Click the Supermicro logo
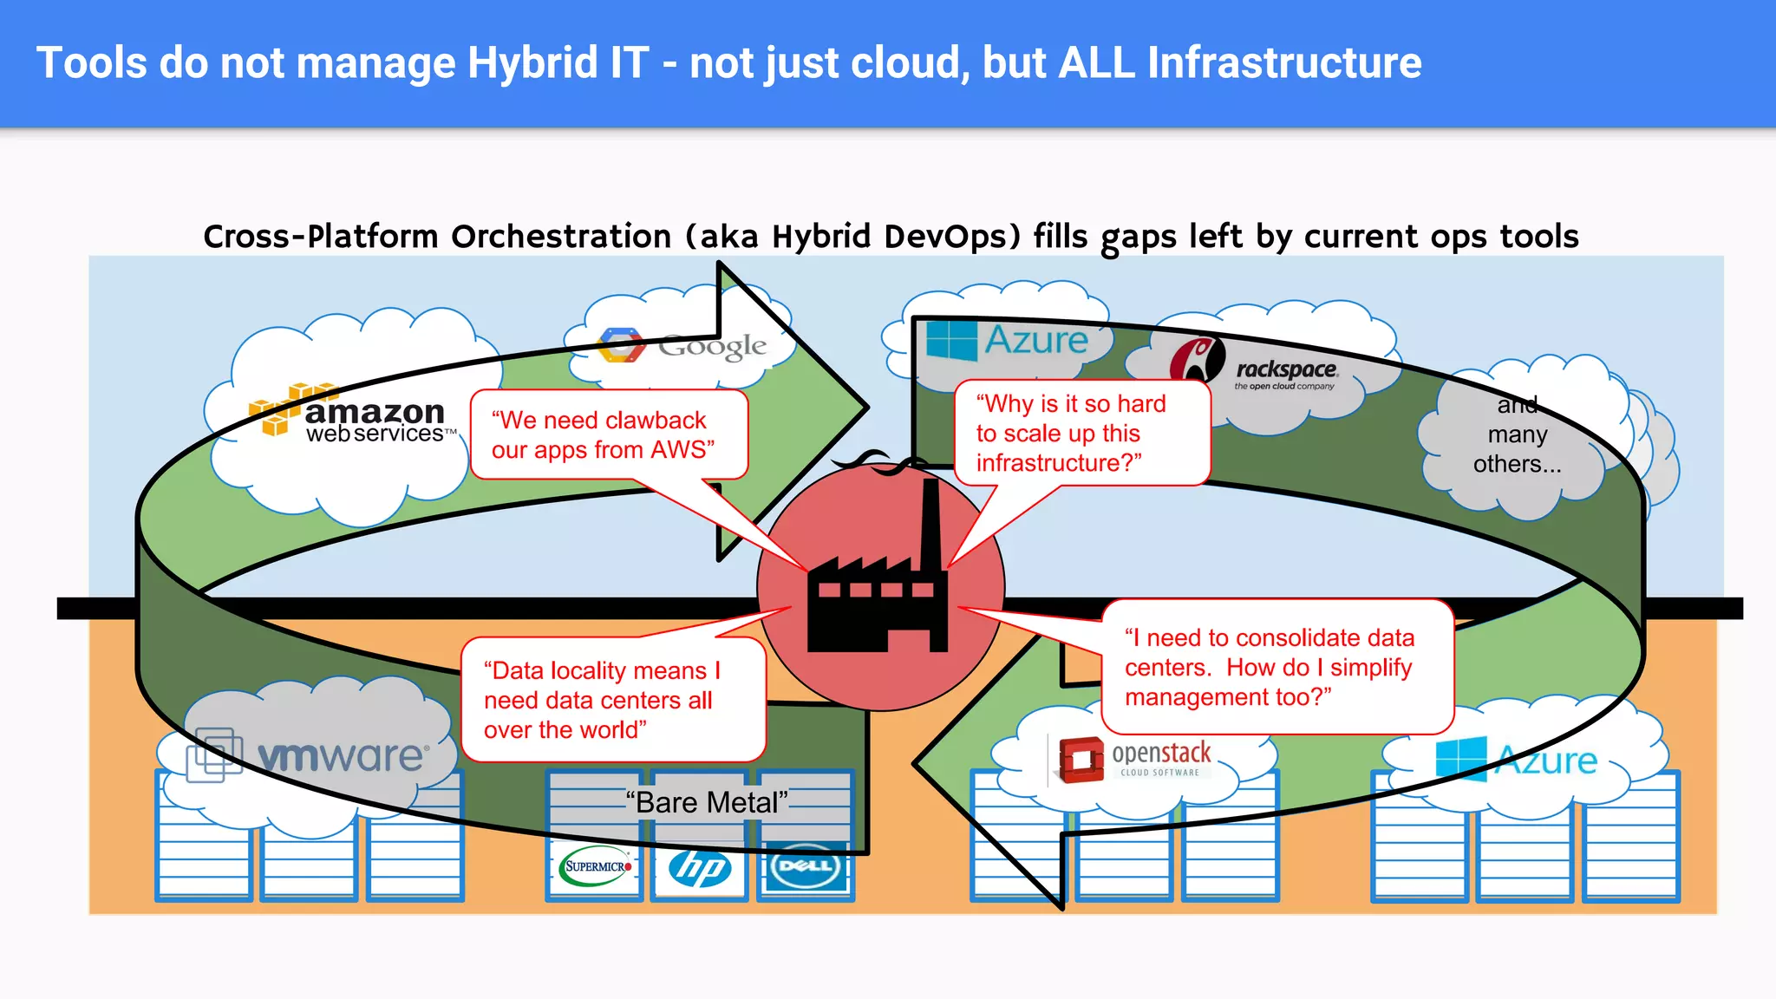596,865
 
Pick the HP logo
700,867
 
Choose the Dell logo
806,866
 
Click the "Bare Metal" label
706,802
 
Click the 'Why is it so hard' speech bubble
1081,433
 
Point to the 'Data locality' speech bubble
612,700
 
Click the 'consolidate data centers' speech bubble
1275,667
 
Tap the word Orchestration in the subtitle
561,237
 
